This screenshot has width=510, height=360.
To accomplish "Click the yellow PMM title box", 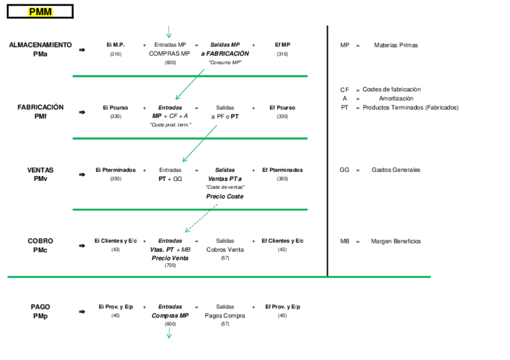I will (x=40, y=12).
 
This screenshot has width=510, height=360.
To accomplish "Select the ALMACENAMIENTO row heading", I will (x=40, y=45).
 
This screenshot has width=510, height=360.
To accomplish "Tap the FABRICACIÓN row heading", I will (x=40, y=108).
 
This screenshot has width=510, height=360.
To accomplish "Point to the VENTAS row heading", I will (x=40, y=170).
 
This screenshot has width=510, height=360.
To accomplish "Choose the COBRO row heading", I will (x=40, y=241).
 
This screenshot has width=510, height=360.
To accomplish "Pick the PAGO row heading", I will (x=40, y=307).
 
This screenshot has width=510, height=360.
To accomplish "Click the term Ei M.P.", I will (x=115, y=45).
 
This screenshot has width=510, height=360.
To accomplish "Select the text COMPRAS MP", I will (x=170, y=53).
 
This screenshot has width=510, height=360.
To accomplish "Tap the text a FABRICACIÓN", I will (x=225, y=53).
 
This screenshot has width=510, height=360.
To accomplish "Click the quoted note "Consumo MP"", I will (x=225, y=63).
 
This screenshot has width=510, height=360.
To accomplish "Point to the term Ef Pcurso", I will (x=282, y=108).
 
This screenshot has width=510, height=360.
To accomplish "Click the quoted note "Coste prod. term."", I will (x=170, y=124).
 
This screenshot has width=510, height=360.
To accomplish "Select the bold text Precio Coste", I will (x=225, y=197).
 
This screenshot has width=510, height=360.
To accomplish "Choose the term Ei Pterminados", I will (x=115, y=170).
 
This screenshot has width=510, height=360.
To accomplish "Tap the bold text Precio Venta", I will (x=170, y=258).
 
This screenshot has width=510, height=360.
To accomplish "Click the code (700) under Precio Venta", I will (x=170, y=266).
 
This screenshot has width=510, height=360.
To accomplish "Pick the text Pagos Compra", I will (x=225, y=316).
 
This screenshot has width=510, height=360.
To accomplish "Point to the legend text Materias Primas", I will (x=396, y=45).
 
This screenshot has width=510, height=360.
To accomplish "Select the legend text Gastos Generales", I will (x=396, y=170).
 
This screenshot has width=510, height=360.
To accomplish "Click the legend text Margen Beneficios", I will (x=396, y=241).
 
